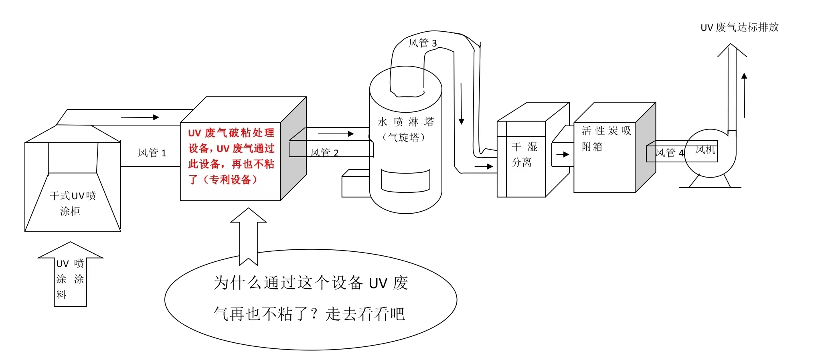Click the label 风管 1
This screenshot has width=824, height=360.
click(152, 153)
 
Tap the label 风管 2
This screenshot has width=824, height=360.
click(324, 153)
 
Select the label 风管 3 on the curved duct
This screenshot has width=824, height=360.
click(422, 43)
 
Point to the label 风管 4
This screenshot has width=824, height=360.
click(669, 153)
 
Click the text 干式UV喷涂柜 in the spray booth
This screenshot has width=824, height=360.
click(72, 203)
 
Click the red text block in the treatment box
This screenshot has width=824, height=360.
click(231, 156)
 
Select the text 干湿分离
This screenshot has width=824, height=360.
click(524, 154)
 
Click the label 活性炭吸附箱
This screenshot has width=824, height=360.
click(606, 138)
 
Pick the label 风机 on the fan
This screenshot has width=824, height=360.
click(705, 150)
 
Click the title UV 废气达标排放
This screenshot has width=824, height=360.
click(739, 27)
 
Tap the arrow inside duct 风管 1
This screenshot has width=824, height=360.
click(140, 117)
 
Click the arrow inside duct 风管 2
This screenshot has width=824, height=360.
click(336, 134)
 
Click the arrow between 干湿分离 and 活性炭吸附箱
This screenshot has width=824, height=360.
click(563, 154)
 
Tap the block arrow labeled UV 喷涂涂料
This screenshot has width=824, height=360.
click(70, 277)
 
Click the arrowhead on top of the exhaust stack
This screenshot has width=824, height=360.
click(732, 51)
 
